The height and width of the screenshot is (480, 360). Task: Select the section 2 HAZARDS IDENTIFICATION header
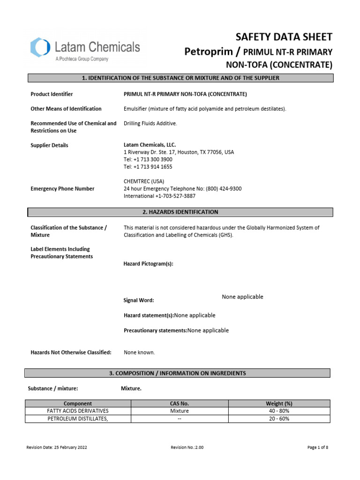[x=180, y=212]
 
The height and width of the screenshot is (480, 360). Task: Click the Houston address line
[x=179, y=152]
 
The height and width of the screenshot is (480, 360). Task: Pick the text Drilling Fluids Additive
[x=150, y=123]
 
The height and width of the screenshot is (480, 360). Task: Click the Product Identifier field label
[x=52, y=94]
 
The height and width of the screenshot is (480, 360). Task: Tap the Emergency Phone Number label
[x=62, y=188]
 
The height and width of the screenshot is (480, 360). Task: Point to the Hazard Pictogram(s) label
[x=148, y=264]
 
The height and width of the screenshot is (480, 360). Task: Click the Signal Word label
[x=138, y=300]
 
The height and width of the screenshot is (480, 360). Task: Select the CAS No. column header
[x=180, y=404]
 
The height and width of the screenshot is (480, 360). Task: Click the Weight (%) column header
[x=279, y=404]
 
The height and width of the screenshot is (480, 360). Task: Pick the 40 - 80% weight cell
[x=279, y=411]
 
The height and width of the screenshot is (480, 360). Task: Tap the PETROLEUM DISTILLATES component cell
[x=78, y=419]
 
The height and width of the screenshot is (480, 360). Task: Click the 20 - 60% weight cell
[x=279, y=419]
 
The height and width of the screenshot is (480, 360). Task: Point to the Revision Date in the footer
[x=56, y=448]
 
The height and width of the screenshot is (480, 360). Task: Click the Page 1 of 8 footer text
[x=318, y=448]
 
